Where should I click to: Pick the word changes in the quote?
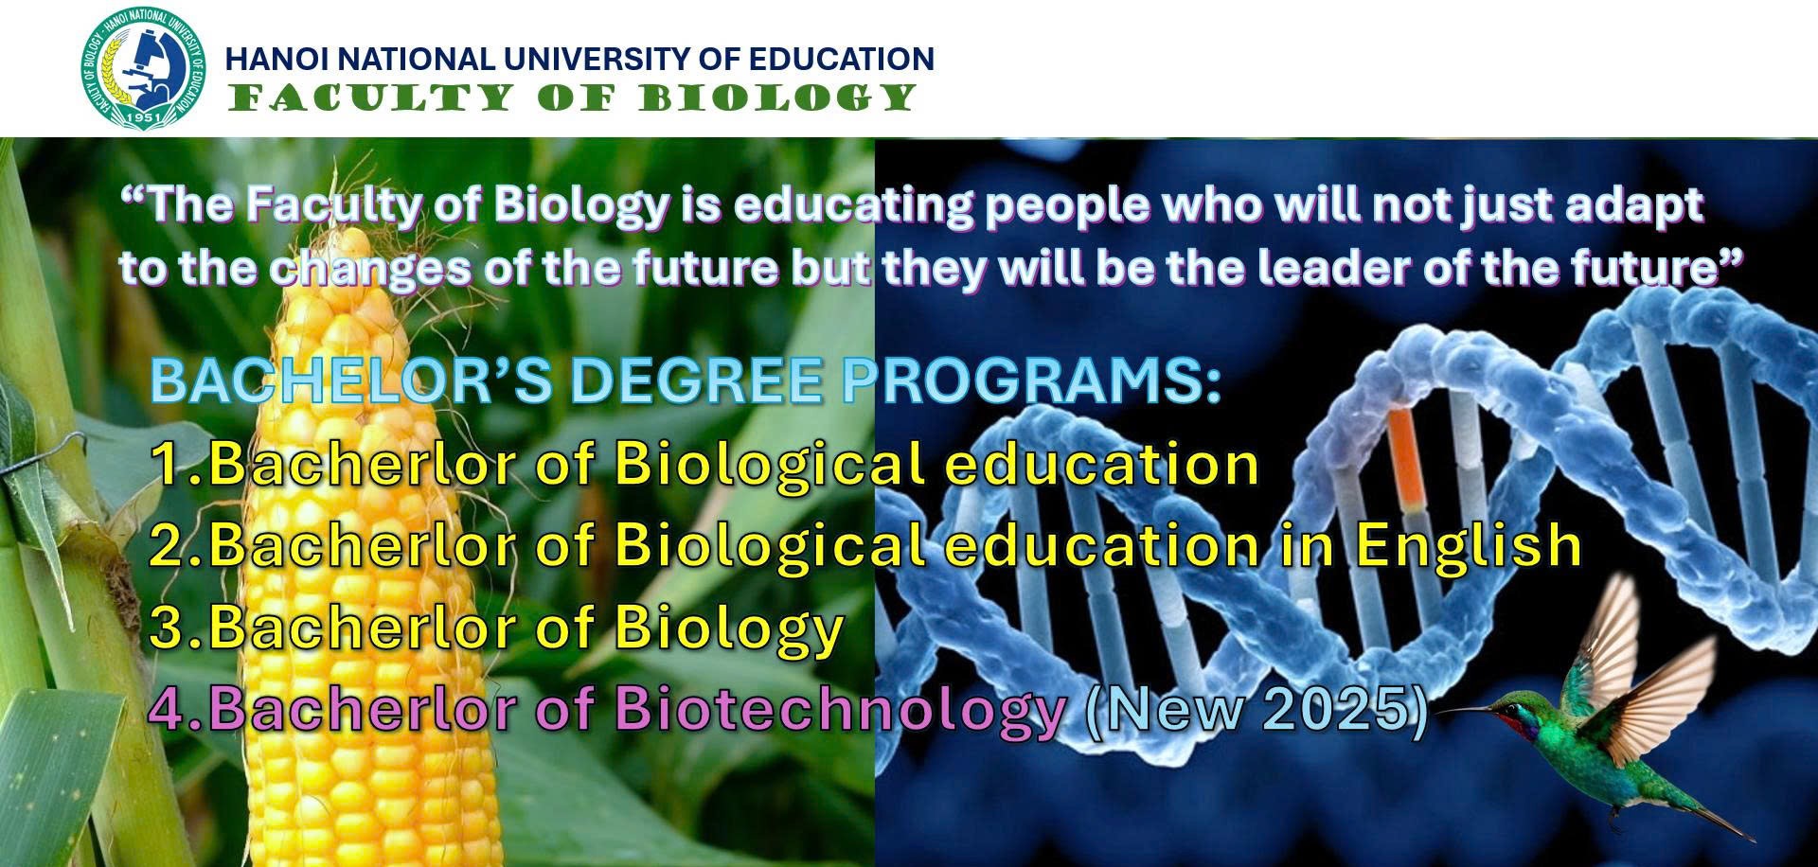coord(370,270)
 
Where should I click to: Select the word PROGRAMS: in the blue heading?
coord(1032,380)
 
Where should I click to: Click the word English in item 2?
coord(1468,546)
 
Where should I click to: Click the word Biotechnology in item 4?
coord(841,710)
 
